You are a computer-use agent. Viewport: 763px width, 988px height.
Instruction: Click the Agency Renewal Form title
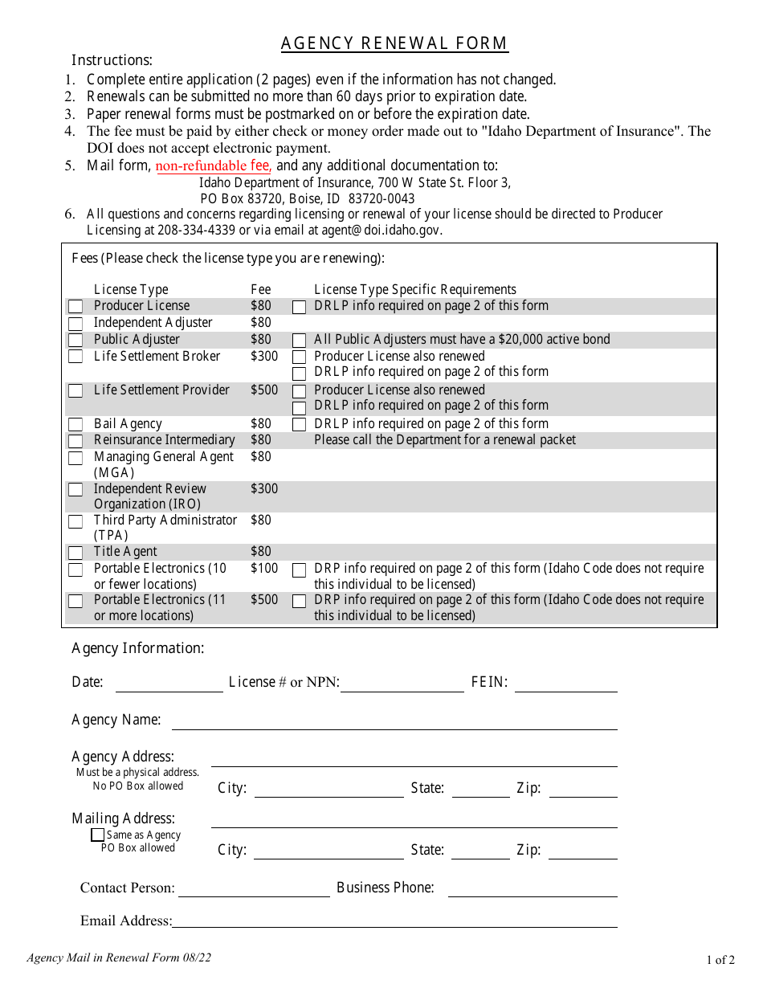pos(394,43)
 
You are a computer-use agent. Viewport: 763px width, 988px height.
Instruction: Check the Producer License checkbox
pos(75,307)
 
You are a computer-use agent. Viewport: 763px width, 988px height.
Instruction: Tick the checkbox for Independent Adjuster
pos(75,324)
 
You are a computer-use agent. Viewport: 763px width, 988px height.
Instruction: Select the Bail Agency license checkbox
pos(75,425)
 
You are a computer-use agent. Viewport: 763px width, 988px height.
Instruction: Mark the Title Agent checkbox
pos(75,553)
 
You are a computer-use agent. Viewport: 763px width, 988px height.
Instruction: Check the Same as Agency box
pos(97,835)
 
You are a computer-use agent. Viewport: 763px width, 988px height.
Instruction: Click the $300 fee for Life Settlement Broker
pos(263,356)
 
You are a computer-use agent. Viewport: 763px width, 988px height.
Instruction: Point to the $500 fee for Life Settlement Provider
pos(263,390)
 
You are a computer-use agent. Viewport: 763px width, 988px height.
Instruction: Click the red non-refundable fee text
pos(213,166)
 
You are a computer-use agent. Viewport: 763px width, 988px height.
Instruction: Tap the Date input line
pos(169,684)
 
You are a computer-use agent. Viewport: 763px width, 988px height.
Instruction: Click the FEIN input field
pos(565,684)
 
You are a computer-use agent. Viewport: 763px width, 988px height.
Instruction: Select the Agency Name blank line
pos(394,722)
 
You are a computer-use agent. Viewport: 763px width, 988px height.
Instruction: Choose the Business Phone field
pos(532,889)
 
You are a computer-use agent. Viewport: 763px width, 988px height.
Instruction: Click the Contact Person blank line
pos(254,889)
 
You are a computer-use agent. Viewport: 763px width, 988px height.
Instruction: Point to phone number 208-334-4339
pos(199,230)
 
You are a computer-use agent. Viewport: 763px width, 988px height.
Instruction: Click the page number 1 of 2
pos(720,959)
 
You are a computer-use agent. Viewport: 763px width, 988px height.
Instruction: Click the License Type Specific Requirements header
pos(415,289)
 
